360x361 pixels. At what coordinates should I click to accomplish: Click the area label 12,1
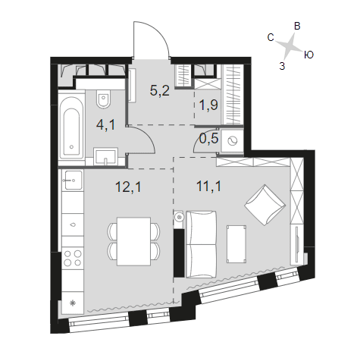(128, 187)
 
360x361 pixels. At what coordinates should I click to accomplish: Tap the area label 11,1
(209, 187)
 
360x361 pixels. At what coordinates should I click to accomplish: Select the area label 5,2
(159, 90)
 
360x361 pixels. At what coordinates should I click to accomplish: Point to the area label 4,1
(105, 125)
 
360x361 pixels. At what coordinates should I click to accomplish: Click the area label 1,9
(208, 105)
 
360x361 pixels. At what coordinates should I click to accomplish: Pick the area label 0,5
(208, 139)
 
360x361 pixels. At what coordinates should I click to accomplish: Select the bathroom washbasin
(105, 157)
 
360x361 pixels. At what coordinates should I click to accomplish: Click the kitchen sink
(73, 180)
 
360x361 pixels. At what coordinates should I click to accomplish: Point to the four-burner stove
(73, 258)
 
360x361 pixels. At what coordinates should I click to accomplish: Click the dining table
(134, 241)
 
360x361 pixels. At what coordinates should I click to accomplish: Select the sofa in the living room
(202, 244)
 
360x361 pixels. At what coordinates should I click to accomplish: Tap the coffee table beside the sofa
(236, 244)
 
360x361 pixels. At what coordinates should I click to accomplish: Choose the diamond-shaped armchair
(265, 205)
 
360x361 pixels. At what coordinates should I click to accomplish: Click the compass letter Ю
(308, 55)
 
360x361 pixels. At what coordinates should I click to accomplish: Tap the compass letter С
(271, 37)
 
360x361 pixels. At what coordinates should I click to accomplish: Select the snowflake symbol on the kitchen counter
(73, 303)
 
